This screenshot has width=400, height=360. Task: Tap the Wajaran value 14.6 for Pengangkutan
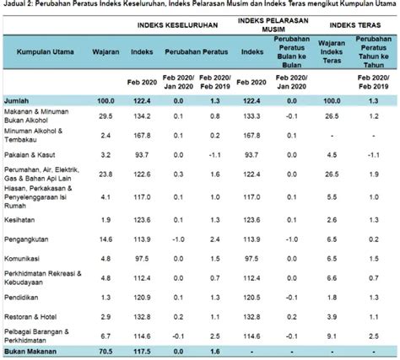[x=106, y=239]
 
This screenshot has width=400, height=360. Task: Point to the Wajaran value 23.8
[x=106, y=174]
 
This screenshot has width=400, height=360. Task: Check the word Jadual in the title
[x=15, y=7]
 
